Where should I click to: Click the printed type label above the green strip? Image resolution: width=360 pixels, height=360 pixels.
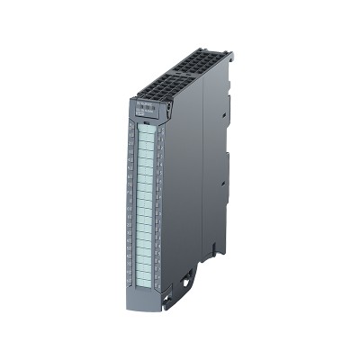click(146, 112)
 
